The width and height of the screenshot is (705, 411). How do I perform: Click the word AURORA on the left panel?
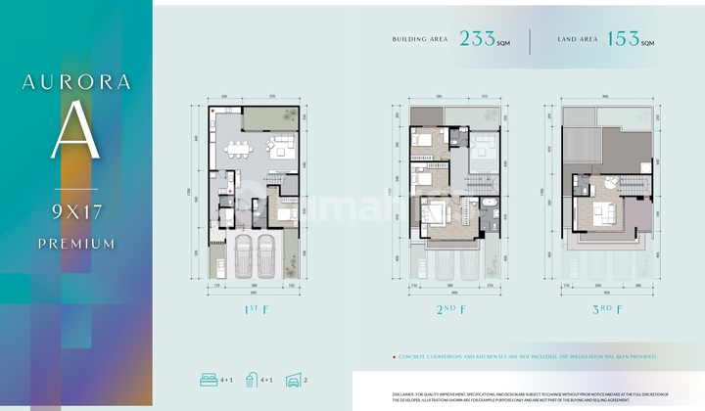tap(75, 82)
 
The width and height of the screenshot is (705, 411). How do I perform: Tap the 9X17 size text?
tap(75, 209)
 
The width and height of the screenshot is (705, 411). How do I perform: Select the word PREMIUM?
tap(75, 243)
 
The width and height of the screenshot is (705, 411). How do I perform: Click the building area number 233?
tap(478, 41)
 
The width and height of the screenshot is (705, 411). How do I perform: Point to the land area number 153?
tap(623, 41)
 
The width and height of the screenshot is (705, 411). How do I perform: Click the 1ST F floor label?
tap(250, 310)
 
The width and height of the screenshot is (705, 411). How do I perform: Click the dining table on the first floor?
tap(238, 150)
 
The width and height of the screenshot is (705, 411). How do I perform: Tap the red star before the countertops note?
tap(393, 358)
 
